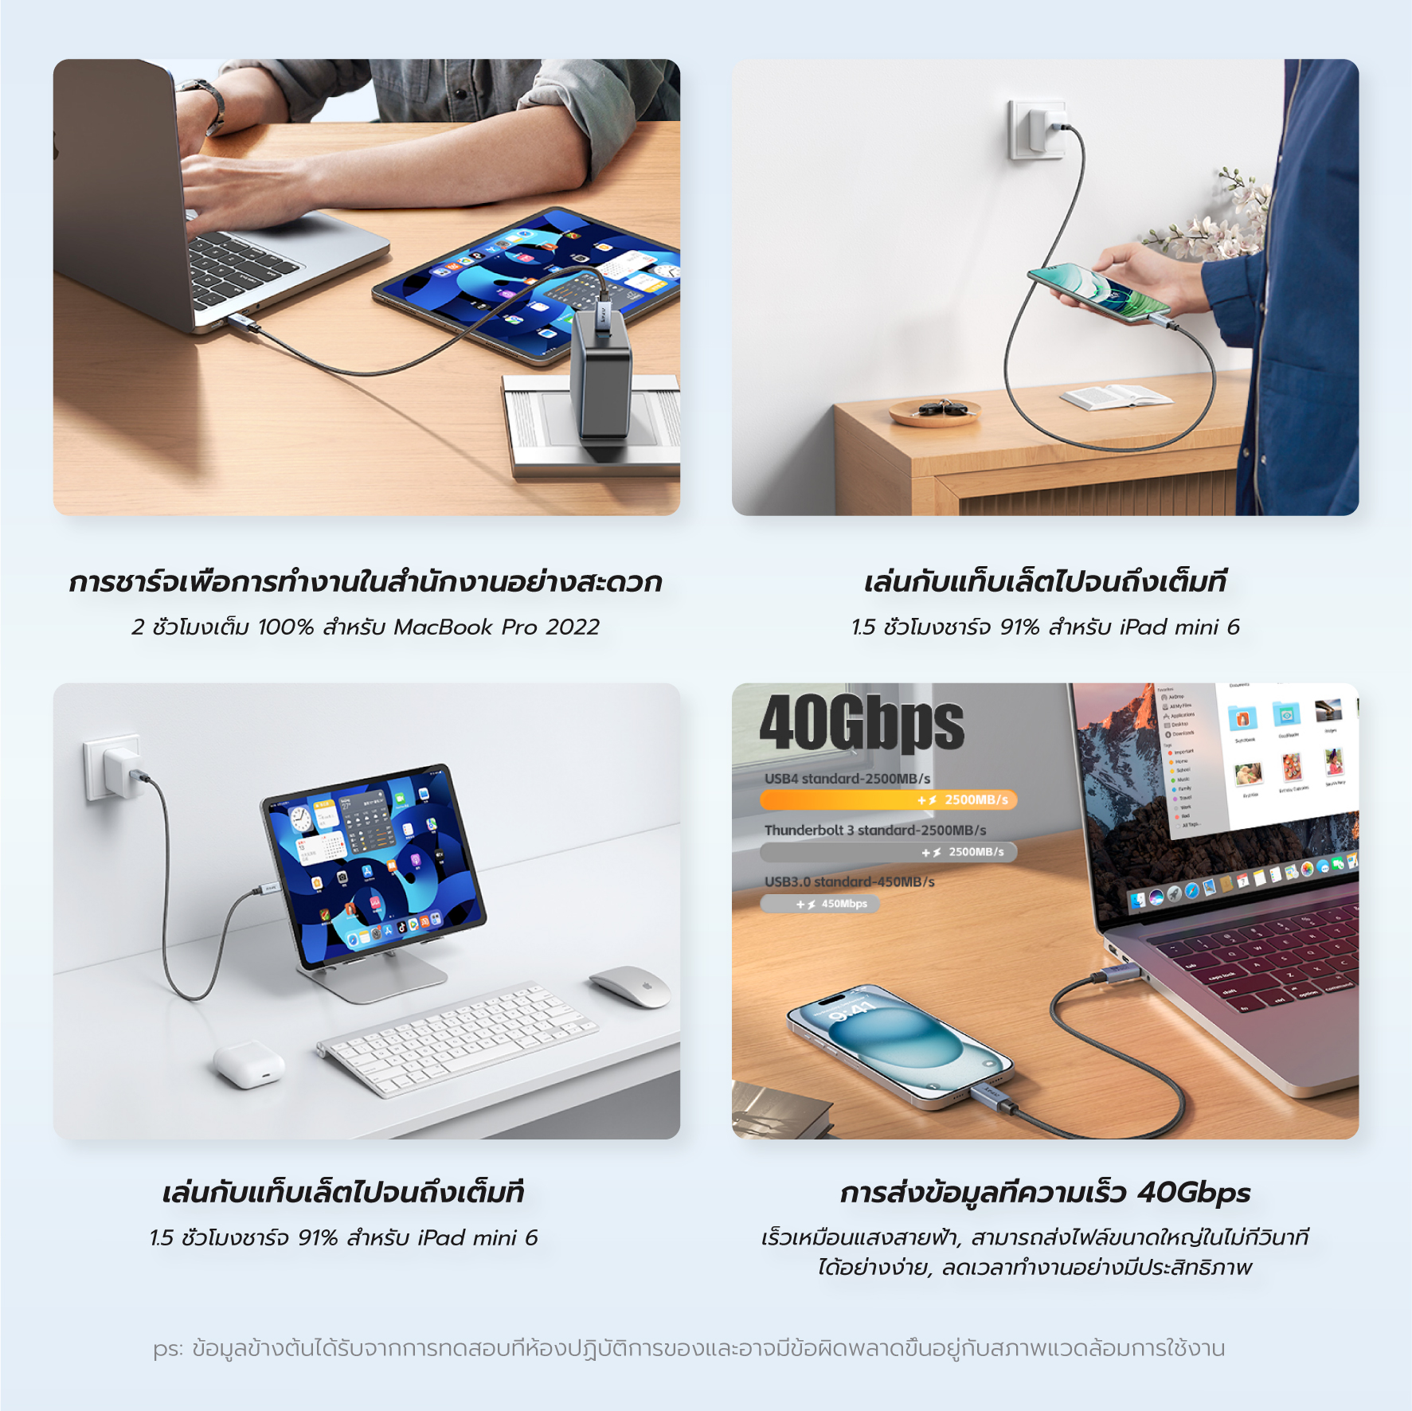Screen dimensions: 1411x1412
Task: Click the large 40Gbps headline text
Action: point(862,724)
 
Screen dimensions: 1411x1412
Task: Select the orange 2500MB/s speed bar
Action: point(888,799)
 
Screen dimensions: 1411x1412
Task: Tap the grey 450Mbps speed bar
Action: point(820,904)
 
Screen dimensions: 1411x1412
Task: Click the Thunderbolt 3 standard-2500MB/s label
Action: point(874,830)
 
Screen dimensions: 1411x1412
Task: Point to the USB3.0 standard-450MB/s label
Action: point(849,881)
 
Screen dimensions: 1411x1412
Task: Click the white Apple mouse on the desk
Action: point(630,987)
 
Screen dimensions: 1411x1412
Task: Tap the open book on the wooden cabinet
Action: point(1115,396)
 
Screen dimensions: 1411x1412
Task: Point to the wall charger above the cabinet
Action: point(1038,128)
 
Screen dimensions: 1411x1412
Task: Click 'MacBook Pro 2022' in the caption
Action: point(496,627)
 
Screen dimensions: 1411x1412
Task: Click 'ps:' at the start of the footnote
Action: point(168,1349)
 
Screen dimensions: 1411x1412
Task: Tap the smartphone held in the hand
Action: point(1099,295)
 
